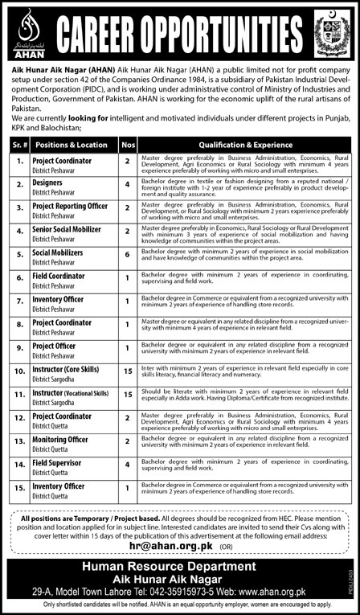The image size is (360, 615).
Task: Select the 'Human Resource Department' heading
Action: point(181,567)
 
